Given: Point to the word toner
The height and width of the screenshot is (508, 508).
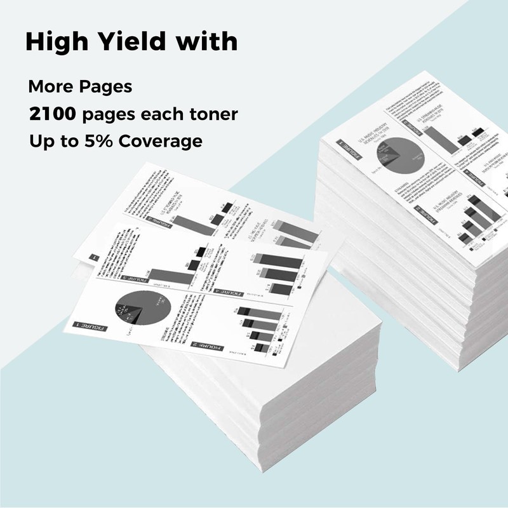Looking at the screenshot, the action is pyautogui.click(x=210, y=114).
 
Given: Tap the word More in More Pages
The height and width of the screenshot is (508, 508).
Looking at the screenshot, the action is pyautogui.click(x=48, y=87).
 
